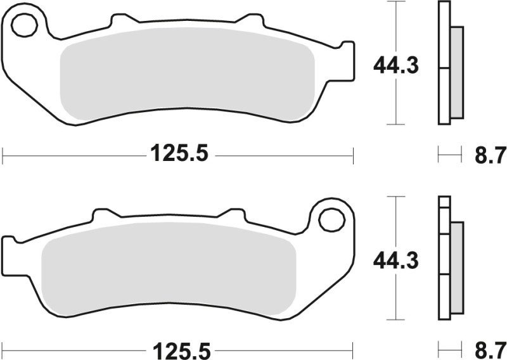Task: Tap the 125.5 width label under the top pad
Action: click(x=179, y=154)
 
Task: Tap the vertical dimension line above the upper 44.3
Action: click(x=396, y=25)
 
